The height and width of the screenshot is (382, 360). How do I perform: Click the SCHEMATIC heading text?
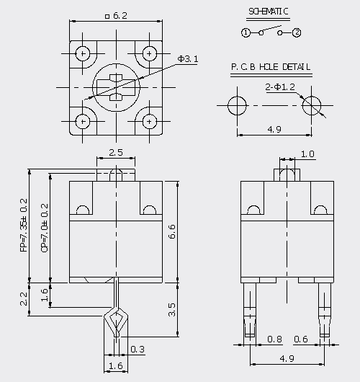pyautogui.click(x=269, y=12)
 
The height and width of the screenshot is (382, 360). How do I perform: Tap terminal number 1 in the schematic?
pyautogui.click(x=246, y=32)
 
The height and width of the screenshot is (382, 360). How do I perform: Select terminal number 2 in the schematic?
pyautogui.click(x=297, y=32)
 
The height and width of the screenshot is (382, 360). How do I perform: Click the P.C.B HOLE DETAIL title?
pyautogui.click(x=271, y=67)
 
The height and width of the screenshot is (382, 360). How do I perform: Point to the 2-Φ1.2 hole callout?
pyautogui.click(x=280, y=86)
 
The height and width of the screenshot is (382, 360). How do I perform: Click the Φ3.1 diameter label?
pyautogui.click(x=188, y=58)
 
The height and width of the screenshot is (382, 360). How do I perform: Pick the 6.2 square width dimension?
pyautogui.click(x=117, y=16)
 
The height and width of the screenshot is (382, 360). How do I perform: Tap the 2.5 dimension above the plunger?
pyautogui.click(x=116, y=153)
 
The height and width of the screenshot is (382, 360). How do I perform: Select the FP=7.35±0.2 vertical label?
pyautogui.click(x=24, y=225)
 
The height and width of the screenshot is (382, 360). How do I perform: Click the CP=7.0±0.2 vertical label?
pyautogui.click(x=45, y=228)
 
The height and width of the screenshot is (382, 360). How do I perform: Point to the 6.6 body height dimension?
pyautogui.click(x=172, y=231)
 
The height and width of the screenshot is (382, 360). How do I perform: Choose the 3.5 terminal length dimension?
pyautogui.click(x=172, y=310)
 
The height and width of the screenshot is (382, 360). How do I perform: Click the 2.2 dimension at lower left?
pyautogui.click(x=24, y=299)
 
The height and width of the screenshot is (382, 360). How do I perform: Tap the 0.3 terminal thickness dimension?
pyautogui.click(x=138, y=349)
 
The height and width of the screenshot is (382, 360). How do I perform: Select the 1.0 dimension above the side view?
pyautogui.click(x=307, y=154)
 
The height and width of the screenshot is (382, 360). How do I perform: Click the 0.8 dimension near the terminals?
pyautogui.click(x=274, y=339)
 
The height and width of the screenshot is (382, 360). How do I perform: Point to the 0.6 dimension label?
pyautogui.click(x=301, y=339)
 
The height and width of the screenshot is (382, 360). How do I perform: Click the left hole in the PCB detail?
pyautogui.click(x=237, y=97)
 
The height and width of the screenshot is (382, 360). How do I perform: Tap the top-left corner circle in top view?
pyautogui.click(x=83, y=47)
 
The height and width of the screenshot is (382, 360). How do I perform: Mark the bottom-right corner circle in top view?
pyautogui.click(x=150, y=115)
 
